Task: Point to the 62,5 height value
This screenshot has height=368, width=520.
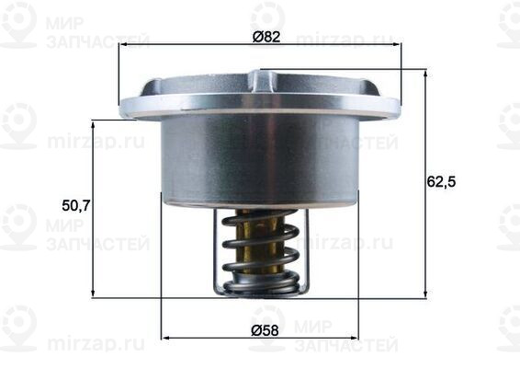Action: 442,181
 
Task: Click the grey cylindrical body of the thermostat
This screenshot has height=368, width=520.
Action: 260,156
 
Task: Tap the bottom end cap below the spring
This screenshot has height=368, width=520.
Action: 261,289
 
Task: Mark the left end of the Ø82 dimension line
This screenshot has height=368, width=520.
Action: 119,46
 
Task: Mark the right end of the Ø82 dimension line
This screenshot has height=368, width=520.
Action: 401,46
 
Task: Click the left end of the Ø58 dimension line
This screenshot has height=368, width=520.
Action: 162,336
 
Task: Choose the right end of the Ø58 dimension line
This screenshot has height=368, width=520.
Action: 358,336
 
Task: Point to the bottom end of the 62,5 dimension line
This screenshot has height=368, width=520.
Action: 425,297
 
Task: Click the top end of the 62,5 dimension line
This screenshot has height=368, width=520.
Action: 425,69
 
